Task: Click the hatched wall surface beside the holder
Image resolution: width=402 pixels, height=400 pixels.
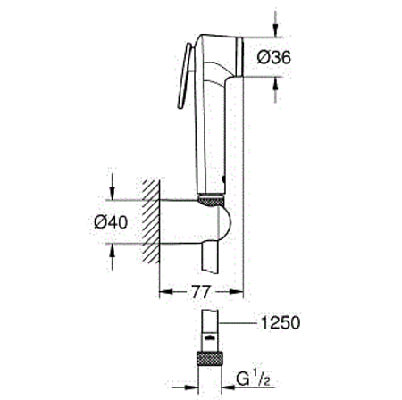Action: [x=151, y=223]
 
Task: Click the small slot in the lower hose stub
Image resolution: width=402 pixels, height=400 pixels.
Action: [x=208, y=338]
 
